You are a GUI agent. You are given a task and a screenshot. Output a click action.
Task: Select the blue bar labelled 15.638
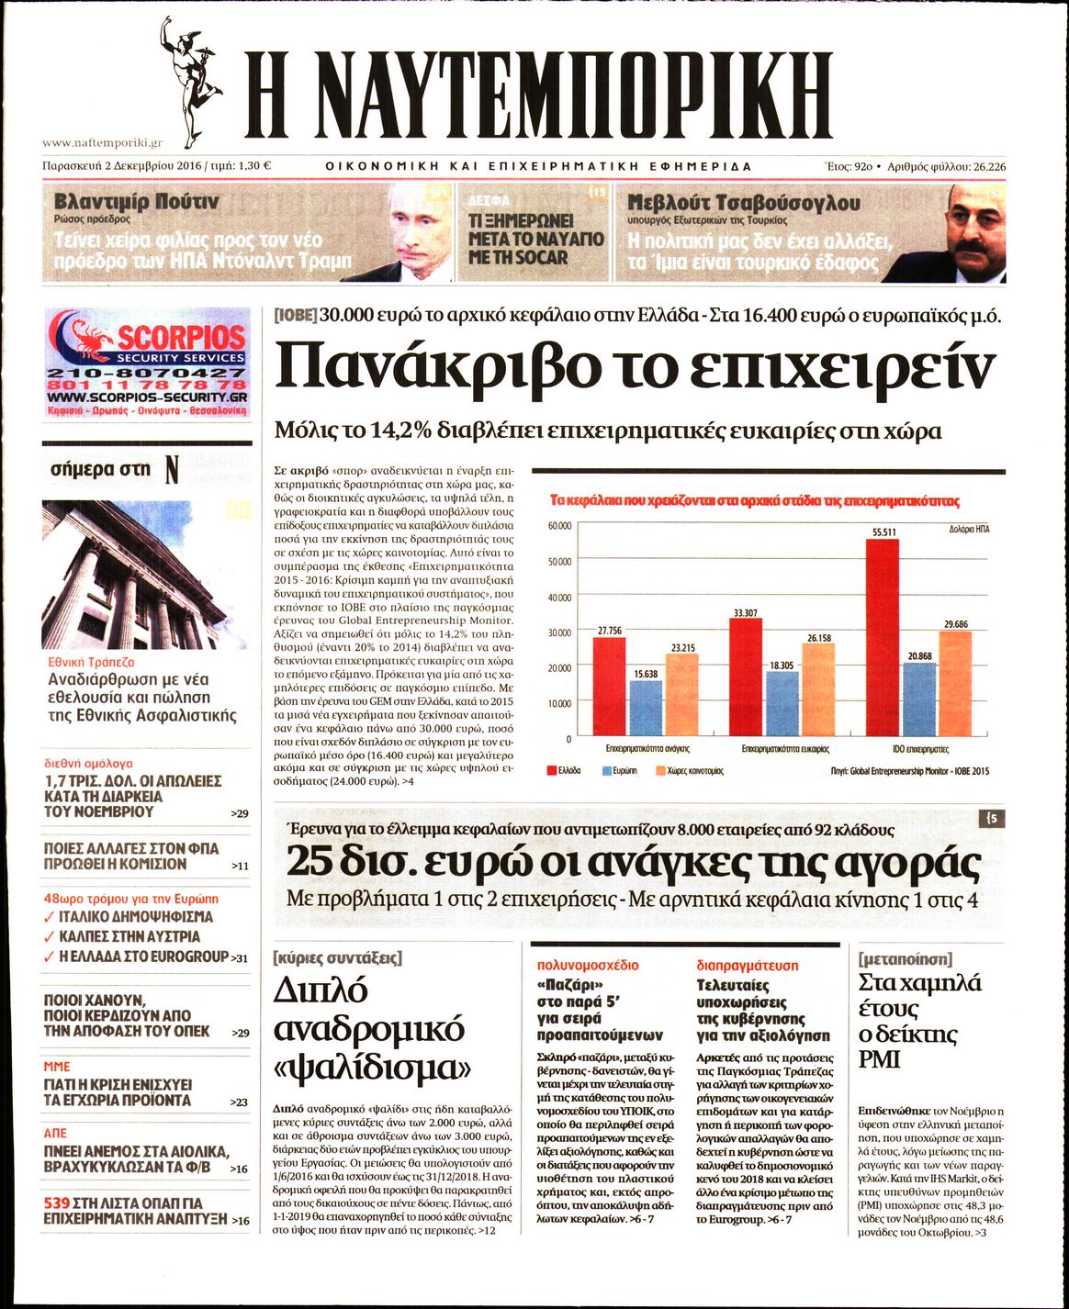(x=646, y=709)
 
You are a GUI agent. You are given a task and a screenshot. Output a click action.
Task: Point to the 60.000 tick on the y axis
(x=559, y=526)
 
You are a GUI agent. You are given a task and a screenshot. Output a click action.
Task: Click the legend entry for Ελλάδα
(x=563, y=771)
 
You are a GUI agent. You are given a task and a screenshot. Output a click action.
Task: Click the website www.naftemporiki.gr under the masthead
(x=102, y=142)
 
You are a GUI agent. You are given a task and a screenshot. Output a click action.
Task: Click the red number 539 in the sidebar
(x=57, y=1203)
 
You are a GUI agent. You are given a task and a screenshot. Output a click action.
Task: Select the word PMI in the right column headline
(x=878, y=1060)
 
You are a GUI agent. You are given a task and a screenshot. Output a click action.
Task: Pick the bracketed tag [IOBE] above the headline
(x=295, y=315)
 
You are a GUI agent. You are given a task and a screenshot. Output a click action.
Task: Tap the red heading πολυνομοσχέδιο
(x=588, y=966)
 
